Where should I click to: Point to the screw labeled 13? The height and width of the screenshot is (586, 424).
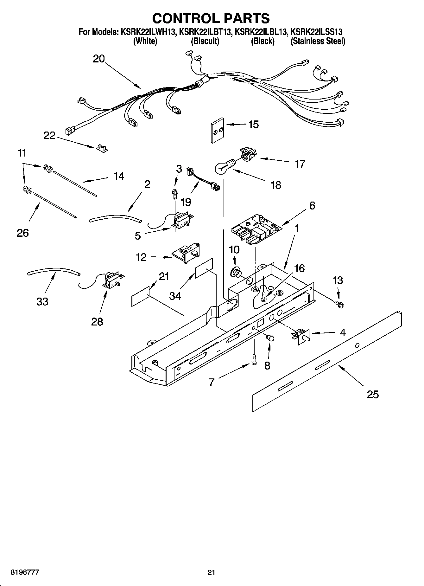click(x=340, y=304)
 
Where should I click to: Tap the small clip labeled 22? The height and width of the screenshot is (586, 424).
click(x=102, y=148)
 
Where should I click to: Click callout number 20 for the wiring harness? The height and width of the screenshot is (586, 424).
click(x=99, y=59)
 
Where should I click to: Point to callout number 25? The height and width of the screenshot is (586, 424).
click(x=373, y=395)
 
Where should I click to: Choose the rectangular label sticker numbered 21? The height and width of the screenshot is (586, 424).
click(x=140, y=296)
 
